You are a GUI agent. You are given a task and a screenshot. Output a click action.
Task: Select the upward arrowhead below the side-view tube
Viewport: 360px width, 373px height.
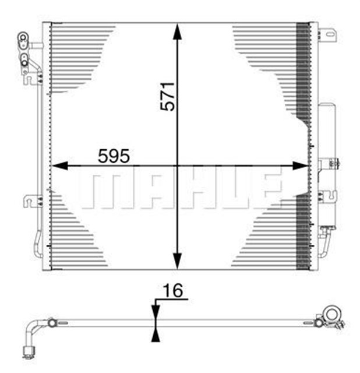point(155,333)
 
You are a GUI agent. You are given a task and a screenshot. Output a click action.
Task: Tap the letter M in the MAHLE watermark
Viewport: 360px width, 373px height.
point(100,190)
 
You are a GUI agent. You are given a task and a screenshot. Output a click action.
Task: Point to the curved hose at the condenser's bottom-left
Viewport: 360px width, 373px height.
point(38,245)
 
